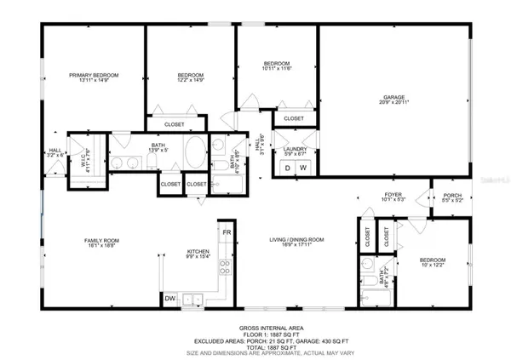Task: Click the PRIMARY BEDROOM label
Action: click(94, 76)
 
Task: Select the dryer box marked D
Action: click(287, 169)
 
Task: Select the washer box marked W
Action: click(302, 169)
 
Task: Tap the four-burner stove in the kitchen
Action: click(226, 268)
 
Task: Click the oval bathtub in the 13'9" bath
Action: click(194, 153)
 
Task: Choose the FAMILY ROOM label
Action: click(99, 241)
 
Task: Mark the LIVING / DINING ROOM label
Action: click(296, 241)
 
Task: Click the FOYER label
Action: click(393, 195)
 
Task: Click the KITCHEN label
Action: click(198, 251)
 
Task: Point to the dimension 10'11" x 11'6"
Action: click(278, 69)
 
